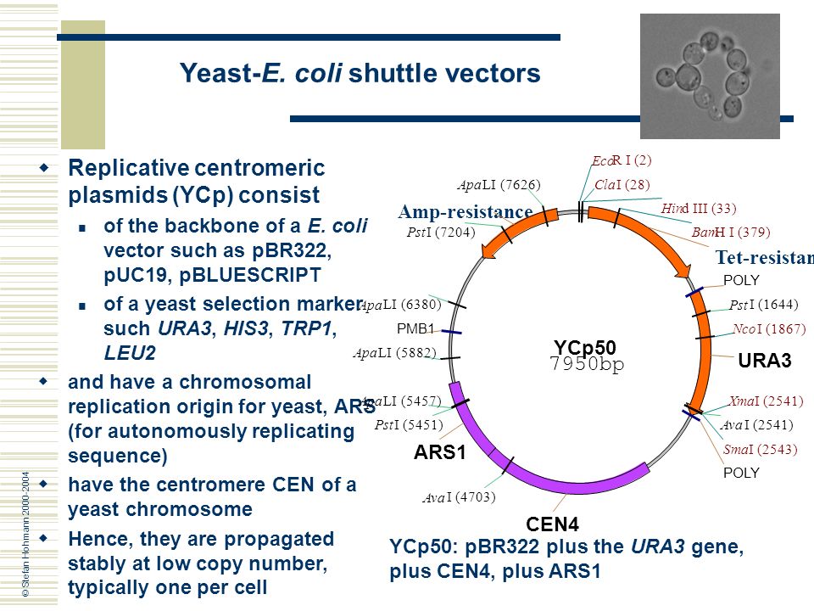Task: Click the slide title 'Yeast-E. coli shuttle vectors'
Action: pos(360,74)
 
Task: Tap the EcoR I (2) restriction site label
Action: pos(622,160)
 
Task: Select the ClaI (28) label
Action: pos(622,184)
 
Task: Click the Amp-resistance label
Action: pos(465,211)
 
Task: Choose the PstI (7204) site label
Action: pos(441,232)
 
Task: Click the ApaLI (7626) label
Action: pos(499,184)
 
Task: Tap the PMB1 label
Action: pos(415,328)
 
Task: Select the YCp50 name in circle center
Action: pos(585,347)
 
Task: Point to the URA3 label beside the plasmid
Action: pos(764,361)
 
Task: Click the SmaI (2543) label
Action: pos(760,449)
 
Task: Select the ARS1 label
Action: pos(440,453)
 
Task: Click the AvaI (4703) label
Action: pos(458,497)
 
